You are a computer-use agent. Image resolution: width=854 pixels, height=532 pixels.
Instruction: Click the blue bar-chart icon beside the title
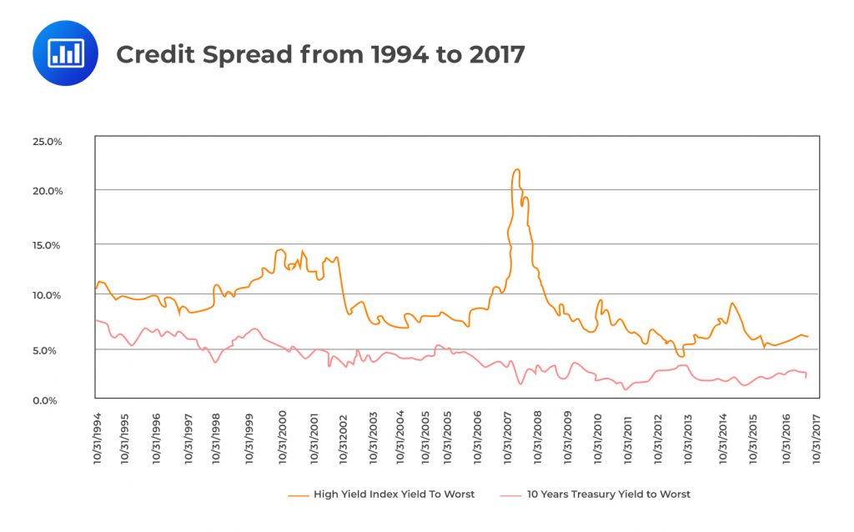pyautogui.click(x=65, y=53)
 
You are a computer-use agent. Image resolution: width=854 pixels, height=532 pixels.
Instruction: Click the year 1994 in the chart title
pyautogui.click(x=391, y=54)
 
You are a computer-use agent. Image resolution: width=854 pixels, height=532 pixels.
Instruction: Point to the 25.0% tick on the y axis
pyautogui.click(x=47, y=141)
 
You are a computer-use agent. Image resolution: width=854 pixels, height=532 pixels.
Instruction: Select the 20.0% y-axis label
pyautogui.click(x=47, y=191)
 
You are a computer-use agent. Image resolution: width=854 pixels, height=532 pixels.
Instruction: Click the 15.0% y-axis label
pyautogui.click(x=48, y=245)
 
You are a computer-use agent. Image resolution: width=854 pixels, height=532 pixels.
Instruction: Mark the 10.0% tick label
pyautogui.click(x=48, y=295)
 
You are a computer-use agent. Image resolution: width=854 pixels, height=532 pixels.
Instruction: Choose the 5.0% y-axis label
pyautogui.click(x=51, y=350)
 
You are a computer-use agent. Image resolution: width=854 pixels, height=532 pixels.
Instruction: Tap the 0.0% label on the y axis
pyautogui.click(x=50, y=401)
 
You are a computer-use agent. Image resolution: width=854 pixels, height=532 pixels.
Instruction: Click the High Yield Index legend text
pyautogui.click(x=394, y=494)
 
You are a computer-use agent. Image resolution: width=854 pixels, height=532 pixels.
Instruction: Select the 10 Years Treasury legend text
pyautogui.click(x=609, y=494)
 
